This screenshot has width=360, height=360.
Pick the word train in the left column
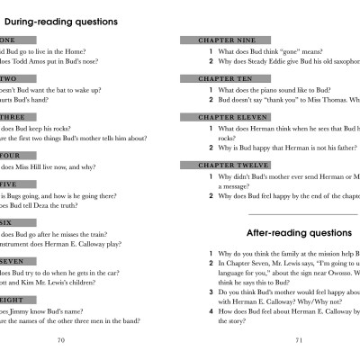click(x=99, y=231)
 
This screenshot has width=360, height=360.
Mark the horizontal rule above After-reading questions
click(x=301, y=214)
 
